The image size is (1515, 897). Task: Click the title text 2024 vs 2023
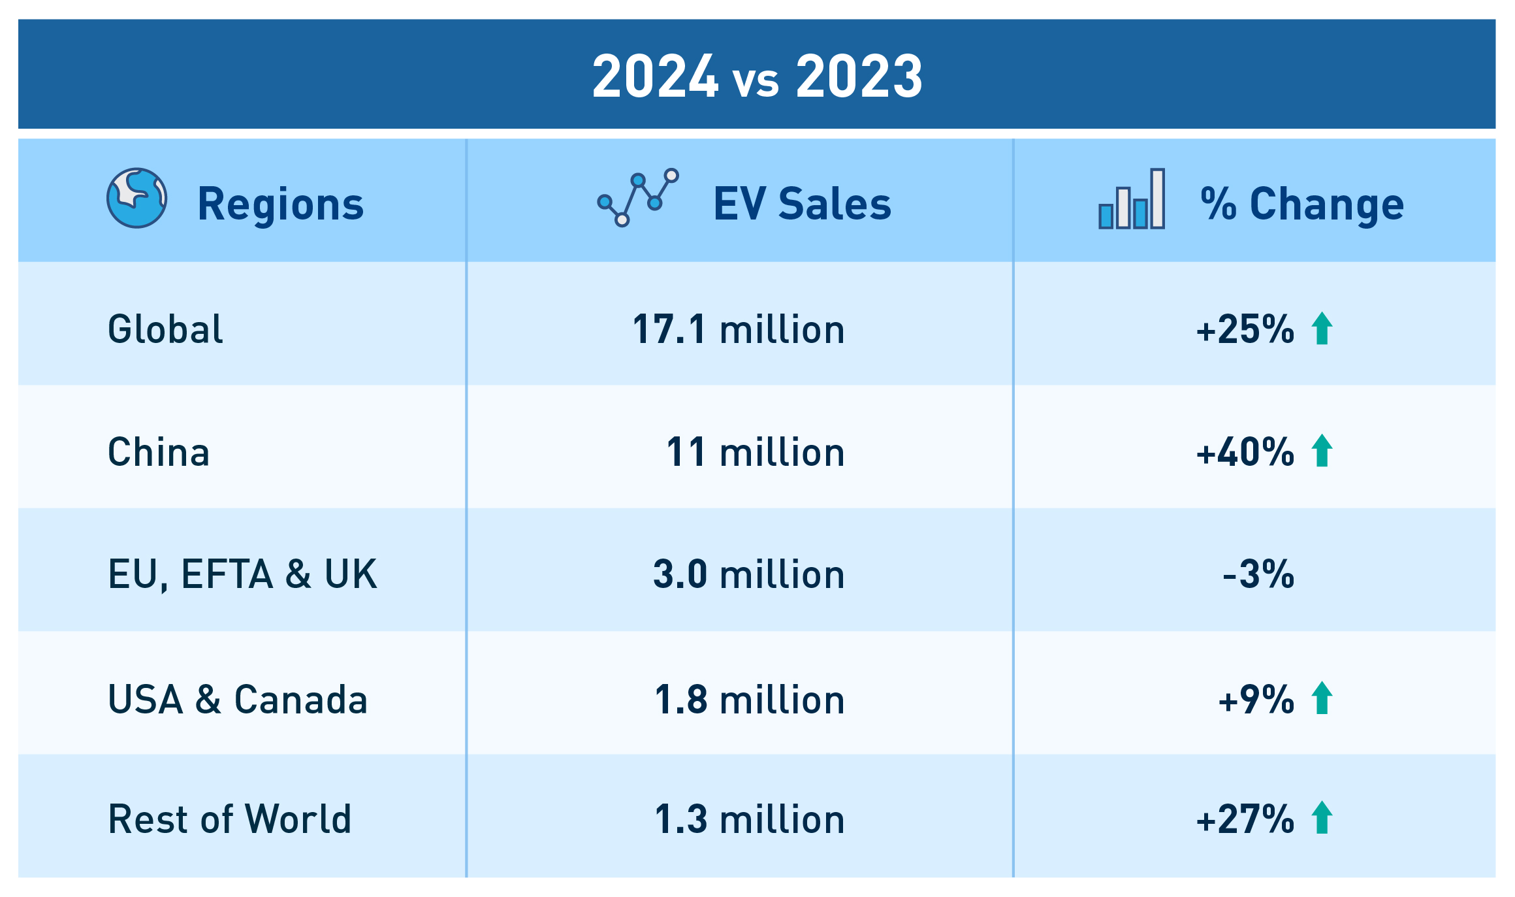point(757,76)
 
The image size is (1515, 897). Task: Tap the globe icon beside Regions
point(136,198)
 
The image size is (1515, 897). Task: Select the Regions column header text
point(280,204)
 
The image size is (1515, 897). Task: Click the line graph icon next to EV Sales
point(638,197)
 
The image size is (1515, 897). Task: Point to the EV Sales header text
point(802,204)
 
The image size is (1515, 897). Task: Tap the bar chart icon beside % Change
point(1131,199)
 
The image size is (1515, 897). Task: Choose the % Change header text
point(1301,204)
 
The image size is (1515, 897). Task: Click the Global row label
point(165,329)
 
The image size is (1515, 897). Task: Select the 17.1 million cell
point(739,329)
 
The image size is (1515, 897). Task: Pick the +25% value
point(1245,329)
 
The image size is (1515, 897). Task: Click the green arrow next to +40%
point(1322,451)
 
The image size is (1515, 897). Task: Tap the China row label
point(159,451)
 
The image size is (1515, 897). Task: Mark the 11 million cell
point(756,451)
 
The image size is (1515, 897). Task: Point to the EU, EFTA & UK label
point(242,574)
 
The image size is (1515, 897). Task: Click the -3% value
point(1258,574)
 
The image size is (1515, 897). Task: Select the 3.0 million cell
point(749,574)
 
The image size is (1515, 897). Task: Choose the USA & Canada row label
point(238,699)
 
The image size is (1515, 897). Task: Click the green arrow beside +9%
point(1322,698)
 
